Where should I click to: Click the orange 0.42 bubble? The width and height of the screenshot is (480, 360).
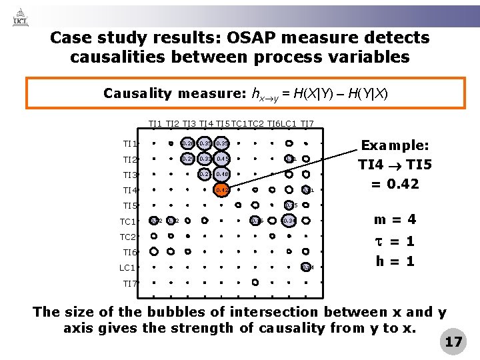click(222, 190)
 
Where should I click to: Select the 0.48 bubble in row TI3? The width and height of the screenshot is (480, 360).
click(222, 174)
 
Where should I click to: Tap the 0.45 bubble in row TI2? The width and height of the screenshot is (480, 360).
click(222, 159)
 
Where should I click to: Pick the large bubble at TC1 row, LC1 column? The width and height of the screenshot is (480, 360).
click(289, 221)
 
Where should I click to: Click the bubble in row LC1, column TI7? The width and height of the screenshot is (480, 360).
click(306, 267)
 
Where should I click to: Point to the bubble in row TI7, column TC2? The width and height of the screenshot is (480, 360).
click(255, 283)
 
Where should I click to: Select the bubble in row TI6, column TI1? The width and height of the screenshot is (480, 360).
click(154, 252)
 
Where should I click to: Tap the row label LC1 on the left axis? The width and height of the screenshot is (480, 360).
click(127, 268)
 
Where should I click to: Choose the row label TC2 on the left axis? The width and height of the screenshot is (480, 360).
click(127, 237)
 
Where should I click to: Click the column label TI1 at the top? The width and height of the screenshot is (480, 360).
click(155, 124)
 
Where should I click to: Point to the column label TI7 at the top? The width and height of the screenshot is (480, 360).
click(307, 124)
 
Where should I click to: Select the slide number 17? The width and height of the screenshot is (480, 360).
click(453, 342)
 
